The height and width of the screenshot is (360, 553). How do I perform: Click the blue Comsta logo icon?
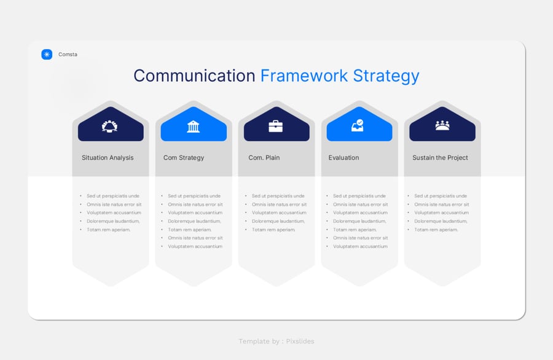(47, 54)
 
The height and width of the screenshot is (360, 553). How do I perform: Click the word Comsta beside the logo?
(68, 54)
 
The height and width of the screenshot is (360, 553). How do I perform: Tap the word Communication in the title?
(194, 76)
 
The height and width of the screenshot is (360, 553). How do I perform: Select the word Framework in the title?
(304, 76)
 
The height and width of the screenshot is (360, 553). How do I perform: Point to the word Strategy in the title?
(386, 77)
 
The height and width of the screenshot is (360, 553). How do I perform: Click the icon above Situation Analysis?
(110, 126)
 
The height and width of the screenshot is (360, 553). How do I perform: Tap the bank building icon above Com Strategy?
(194, 126)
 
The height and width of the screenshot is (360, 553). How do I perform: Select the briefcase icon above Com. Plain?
(276, 126)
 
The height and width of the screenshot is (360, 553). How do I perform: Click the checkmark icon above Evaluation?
(358, 125)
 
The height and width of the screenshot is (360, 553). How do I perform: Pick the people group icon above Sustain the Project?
(442, 125)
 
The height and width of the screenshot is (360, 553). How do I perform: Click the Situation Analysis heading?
(108, 158)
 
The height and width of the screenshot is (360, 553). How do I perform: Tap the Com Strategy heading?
(184, 158)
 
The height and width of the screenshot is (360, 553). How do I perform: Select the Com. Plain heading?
(264, 158)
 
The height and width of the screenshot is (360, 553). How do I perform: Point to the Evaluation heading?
(344, 158)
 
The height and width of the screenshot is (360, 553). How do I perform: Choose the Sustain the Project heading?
(440, 158)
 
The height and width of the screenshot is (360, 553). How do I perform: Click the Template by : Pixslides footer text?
(276, 342)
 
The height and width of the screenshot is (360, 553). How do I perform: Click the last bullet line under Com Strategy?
(195, 246)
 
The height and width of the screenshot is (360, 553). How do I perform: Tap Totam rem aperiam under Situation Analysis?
(109, 230)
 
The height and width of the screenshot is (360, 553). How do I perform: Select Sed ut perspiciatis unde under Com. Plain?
(278, 196)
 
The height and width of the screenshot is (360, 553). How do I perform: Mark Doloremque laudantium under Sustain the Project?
(441, 221)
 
